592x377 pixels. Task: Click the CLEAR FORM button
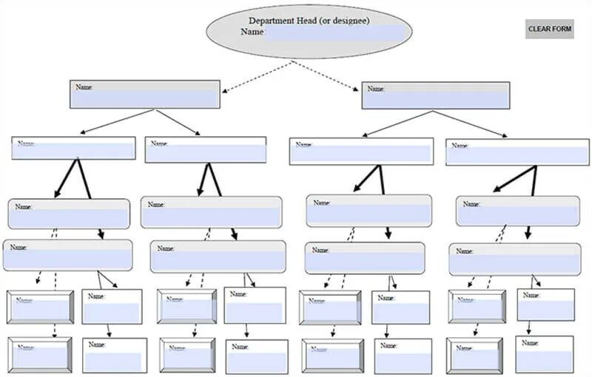click(x=549, y=29)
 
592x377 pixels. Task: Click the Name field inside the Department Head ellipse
click(x=335, y=33)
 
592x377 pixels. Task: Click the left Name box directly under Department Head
click(x=145, y=95)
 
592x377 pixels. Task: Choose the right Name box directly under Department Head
click(x=435, y=95)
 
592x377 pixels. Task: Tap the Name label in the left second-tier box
click(x=84, y=87)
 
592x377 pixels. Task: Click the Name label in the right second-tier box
click(x=376, y=89)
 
